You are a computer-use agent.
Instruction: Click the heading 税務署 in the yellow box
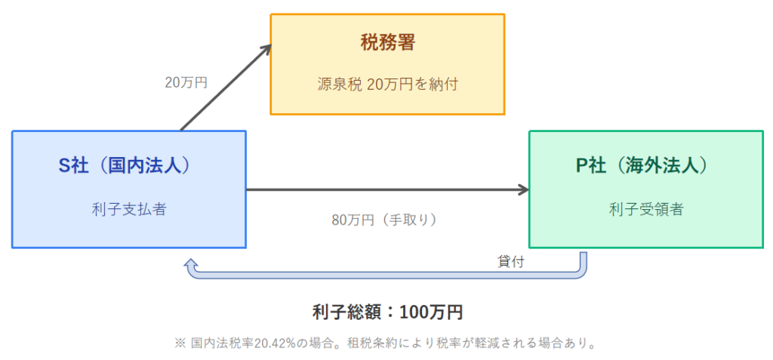(387, 44)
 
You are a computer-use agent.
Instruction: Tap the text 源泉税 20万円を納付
(387, 85)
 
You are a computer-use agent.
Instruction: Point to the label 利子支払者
(129, 209)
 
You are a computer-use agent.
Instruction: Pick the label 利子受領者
(646, 209)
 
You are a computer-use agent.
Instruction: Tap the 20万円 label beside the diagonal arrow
(186, 83)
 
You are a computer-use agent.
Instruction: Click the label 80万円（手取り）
(385, 220)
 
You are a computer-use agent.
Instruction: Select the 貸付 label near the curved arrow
(510, 262)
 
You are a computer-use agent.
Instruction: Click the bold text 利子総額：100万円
(387, 312)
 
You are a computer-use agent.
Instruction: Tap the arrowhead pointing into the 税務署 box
(266, 48)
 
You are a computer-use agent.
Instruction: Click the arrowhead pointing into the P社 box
(525, 190)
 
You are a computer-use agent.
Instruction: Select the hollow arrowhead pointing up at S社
(191, 266)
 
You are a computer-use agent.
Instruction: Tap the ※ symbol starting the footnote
(180, 343)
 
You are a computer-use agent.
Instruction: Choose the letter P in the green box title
(582, 167)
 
